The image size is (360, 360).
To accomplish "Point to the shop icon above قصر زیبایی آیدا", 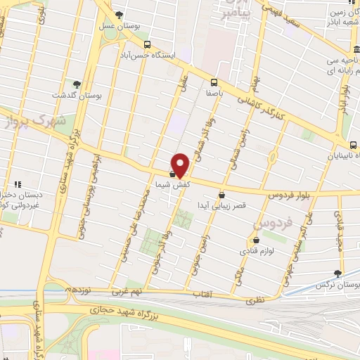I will [x=221, y=195].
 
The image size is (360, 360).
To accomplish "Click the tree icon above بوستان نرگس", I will [x=338, y=274].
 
